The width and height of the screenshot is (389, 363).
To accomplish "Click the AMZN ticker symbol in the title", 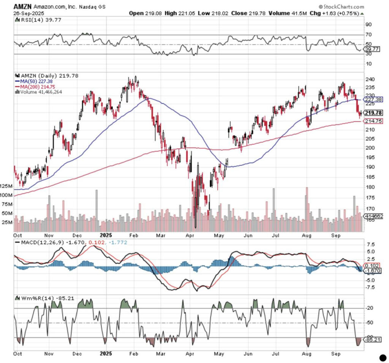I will [x=22, y=6].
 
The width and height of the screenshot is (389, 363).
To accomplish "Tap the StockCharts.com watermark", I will [x=341, y=6].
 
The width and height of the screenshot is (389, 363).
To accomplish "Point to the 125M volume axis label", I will [x=6, y=186].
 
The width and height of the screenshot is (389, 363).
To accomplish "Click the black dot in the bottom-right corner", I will [x=383, y=357].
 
